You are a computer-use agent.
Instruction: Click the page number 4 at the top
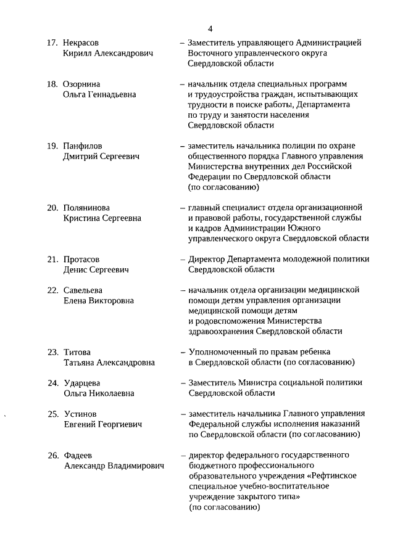210,28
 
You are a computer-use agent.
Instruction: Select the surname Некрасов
81,43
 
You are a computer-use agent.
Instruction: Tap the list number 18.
52,83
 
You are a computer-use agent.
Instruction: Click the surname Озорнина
82,83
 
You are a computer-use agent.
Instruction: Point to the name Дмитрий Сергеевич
101,156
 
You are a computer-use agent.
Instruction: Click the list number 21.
52,259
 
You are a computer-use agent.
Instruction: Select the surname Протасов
81,259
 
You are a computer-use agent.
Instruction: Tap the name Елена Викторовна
99,300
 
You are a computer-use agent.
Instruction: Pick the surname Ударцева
83,382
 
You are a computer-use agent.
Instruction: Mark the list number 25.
52,413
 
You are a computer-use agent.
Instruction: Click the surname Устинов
80,413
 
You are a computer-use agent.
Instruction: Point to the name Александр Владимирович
114,466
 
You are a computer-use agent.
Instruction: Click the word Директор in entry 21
206,259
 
